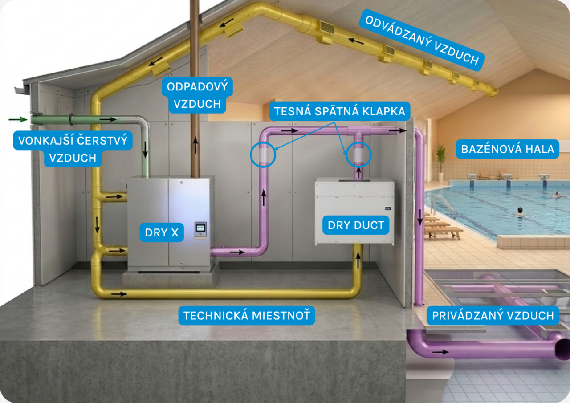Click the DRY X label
click(x=162, y=232)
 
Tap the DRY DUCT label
click(x=356, y=225)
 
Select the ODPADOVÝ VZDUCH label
click(x=197, y=94)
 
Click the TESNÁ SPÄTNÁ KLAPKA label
click(x=339, y=111)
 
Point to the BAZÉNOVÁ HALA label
click(x=507, y=149)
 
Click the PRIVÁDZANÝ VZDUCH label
click(x=492, y=316)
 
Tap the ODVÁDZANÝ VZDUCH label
click(x=421, y=41)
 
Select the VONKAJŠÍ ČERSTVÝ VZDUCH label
click(x=73, y=149)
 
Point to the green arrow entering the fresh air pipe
click(x=17, y=119)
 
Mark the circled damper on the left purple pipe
click(x=263, y=154)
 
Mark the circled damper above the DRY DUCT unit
click(x=358, y=155)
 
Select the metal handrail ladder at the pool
click(x=441, y=204)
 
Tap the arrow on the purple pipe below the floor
click(x=440, y=352)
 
